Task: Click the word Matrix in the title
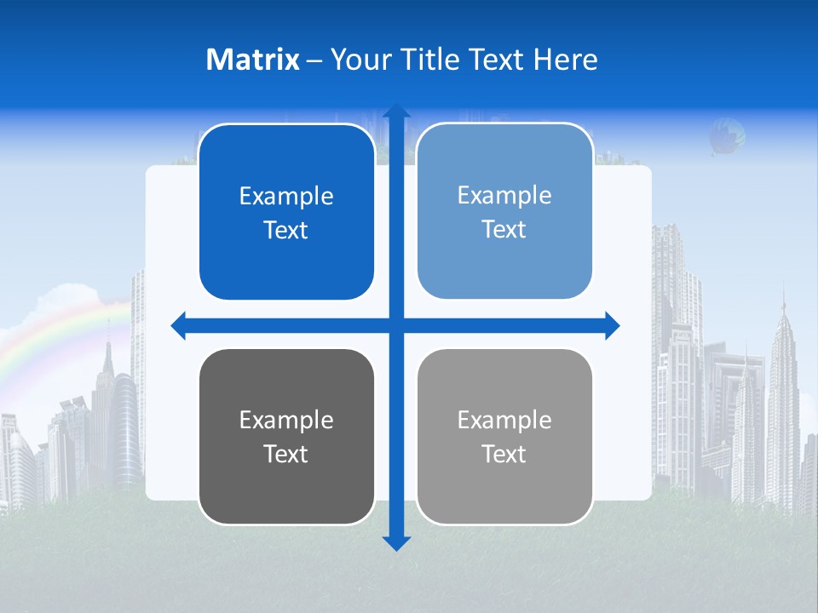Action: [252, 60]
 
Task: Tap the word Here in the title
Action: [566, 60]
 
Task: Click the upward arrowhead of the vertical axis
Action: [396, 112]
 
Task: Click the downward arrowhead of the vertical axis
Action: [396, 542]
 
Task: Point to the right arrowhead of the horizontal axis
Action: [612, 325]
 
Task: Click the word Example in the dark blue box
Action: [286, 197]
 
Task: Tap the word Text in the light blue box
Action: [504, 230]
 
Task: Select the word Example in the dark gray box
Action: [286, 421]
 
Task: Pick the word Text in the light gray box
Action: [504, 455]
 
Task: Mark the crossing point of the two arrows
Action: [396, 325]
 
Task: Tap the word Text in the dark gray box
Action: [286, 455]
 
